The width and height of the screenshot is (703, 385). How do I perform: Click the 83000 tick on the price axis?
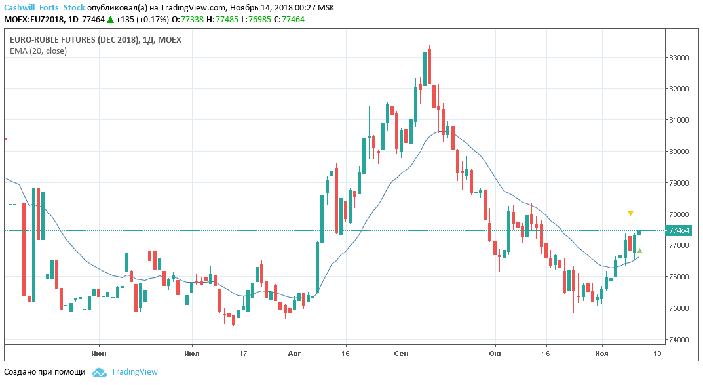[678, 58]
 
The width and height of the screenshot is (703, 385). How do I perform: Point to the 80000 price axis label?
[678, 152]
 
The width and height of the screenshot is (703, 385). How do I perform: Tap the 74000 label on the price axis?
[678, 340]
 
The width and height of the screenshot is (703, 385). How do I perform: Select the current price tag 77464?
[678, 230]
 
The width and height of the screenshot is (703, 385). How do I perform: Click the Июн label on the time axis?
[99, 352]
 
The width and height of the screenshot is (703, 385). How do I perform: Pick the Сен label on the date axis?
[402, 352]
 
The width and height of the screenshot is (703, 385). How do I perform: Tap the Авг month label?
[295, 352]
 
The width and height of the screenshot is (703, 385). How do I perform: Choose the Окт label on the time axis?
[495, 352]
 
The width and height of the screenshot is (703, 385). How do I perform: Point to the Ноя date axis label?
[601, 352]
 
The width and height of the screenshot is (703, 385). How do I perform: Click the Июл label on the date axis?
[192, 352]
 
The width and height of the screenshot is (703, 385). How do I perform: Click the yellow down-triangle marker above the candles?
[630, 214]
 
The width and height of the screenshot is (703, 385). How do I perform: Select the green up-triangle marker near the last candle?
[639, 251]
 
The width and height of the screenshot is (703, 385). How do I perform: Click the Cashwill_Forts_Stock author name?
[45, 8]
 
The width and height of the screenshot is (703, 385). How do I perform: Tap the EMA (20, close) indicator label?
[38, 51]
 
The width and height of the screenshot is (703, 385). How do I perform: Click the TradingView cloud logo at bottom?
[99, 372]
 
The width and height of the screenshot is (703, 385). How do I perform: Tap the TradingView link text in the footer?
[134, 372]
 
